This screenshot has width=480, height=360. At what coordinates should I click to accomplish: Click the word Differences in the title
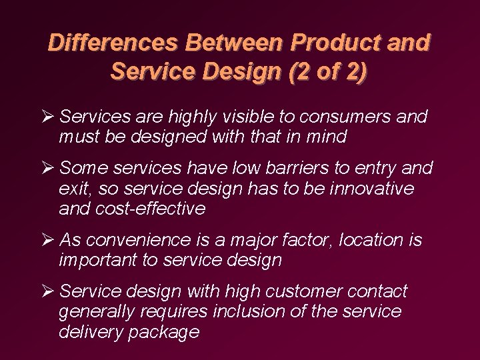coord(113,43)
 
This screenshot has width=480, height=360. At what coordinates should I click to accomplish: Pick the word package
coord(167,332)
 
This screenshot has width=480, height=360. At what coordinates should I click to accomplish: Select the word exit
coord(74,189)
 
